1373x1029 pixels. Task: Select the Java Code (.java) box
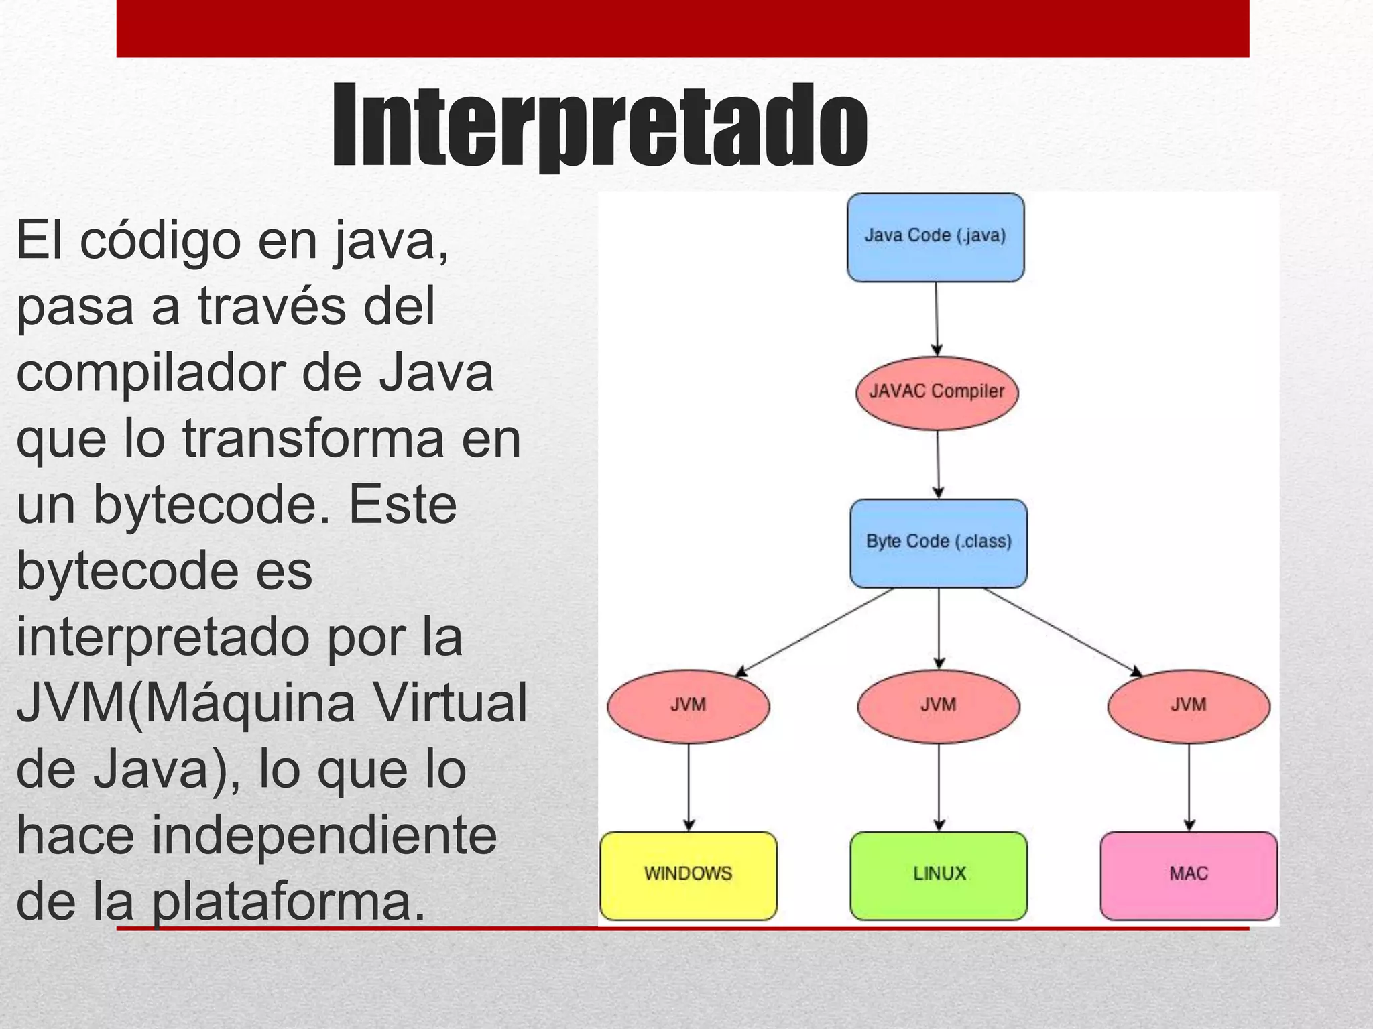935,237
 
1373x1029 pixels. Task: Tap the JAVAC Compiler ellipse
937,392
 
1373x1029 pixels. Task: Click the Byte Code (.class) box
938,543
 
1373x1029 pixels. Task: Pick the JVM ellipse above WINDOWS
688,706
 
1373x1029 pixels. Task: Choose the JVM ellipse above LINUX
938,706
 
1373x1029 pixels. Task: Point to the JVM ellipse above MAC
1188,706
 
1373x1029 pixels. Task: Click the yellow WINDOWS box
688,875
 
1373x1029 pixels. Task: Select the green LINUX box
938,875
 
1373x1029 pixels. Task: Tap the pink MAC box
1188,875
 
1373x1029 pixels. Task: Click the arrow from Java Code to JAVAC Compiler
937,318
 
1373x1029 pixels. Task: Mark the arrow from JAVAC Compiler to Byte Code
938,464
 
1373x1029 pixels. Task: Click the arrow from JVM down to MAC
1189,787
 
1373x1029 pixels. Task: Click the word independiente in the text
324,837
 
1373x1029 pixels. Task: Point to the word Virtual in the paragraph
450,704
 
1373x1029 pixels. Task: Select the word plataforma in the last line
288,902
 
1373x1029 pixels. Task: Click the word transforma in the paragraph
314,439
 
